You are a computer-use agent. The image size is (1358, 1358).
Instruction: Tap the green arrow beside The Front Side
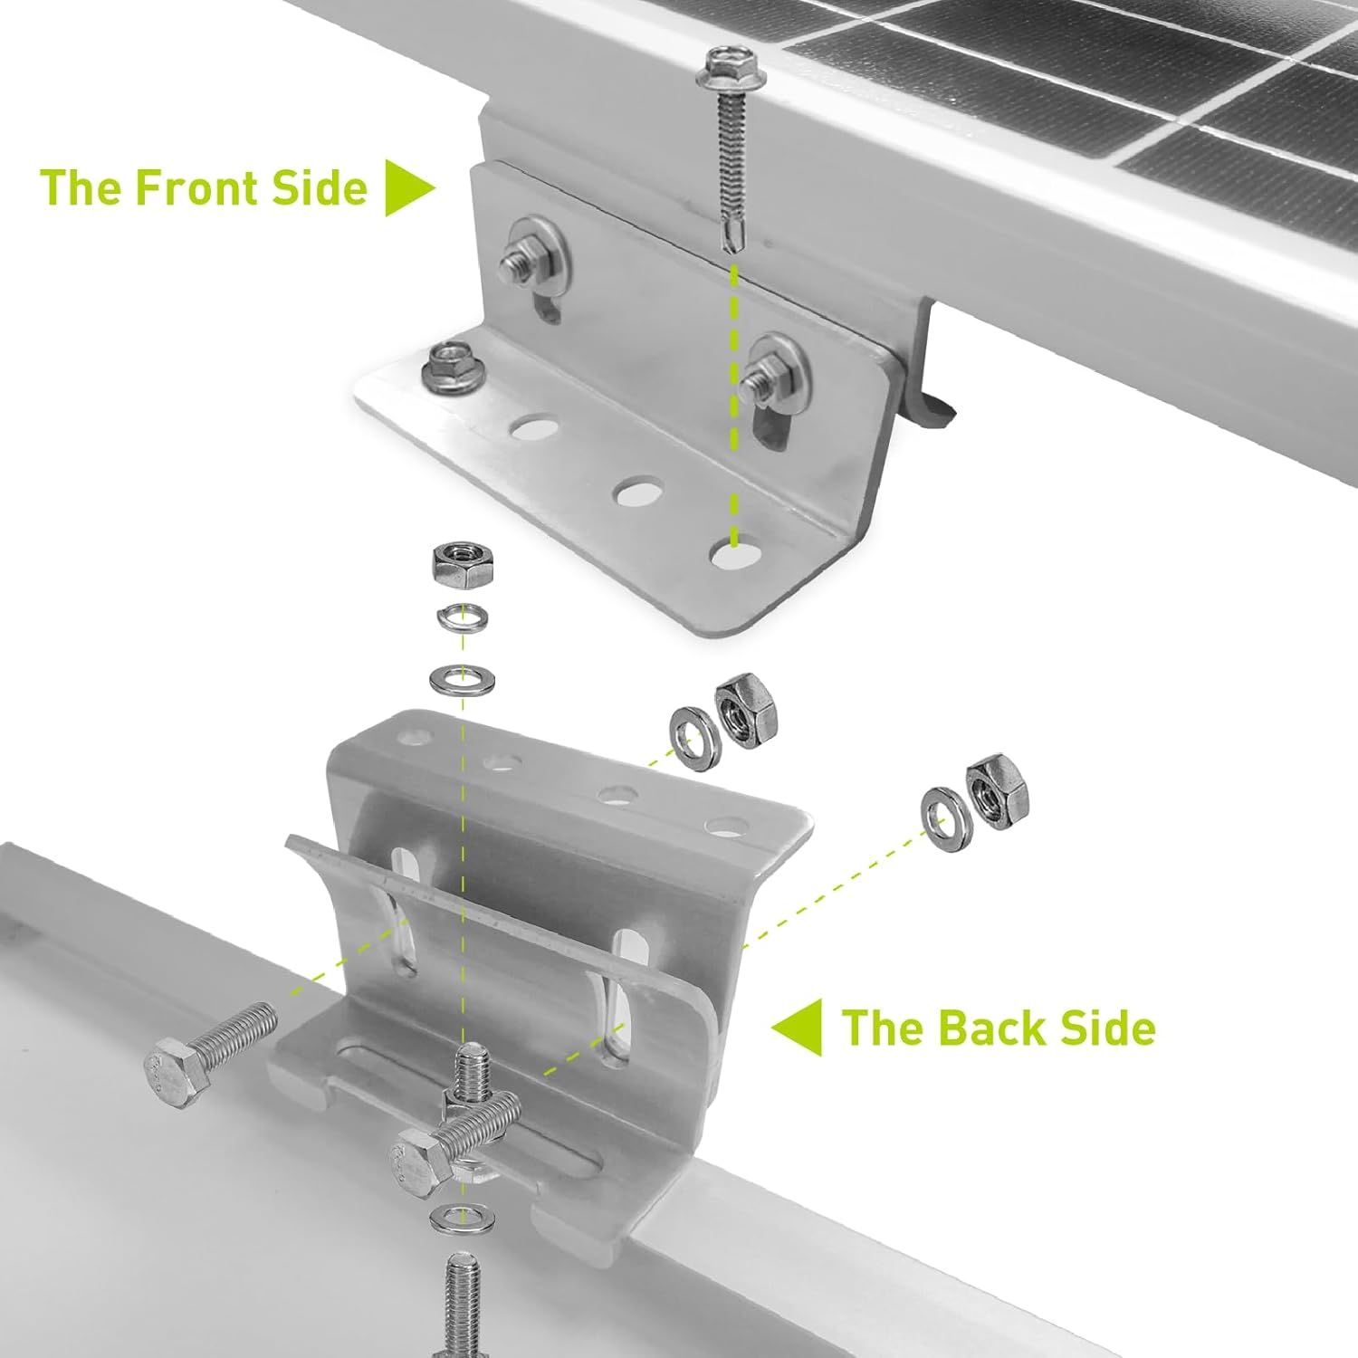tap(407, 187)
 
